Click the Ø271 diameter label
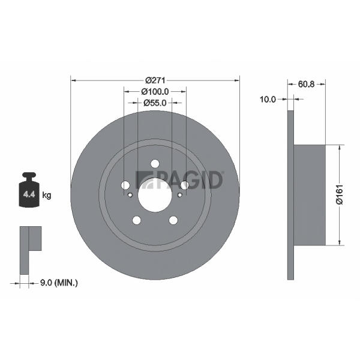coord(155,80)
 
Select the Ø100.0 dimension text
coord(155,92)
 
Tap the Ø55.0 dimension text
coord(155,103)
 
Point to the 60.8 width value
coord(306,84)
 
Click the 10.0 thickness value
coord(268,100)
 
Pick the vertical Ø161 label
coord(339,194)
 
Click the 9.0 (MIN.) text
coord(59,283)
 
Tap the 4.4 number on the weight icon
coord(29,194)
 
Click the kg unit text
coord(47,196)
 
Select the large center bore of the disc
coord(155,195)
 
